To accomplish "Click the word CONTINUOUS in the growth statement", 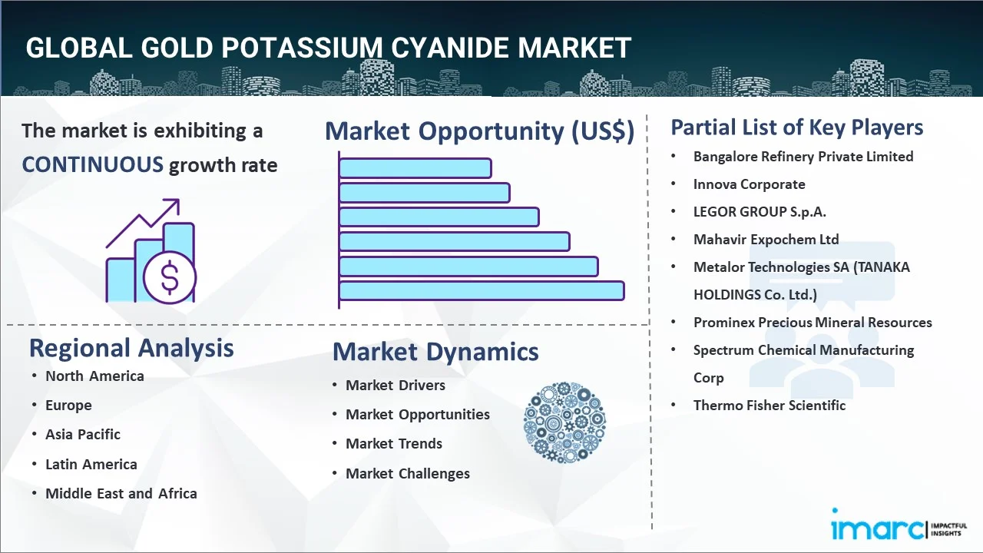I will [92, 164].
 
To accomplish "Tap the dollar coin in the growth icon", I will [170, 278].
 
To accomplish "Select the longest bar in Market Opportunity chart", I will [482, 290].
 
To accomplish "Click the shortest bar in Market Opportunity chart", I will [415, 167].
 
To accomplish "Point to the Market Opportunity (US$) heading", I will [479, 131].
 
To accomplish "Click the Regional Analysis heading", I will [131, 348].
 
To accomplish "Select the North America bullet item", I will [94, 376].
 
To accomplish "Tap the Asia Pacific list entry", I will [83, 434].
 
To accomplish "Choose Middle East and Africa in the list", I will [121, 493].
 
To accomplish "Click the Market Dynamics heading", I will [435, 352].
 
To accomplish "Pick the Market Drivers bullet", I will [396, 385].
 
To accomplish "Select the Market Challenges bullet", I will [408, 473].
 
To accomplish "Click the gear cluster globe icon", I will [564, 422].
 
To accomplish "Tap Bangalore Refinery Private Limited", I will [803, 156].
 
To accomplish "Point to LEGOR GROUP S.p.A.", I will [760, 211].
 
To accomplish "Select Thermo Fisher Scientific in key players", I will [770, 405].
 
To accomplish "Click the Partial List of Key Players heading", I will [797, 127].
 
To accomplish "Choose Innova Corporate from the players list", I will [750, 184].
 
